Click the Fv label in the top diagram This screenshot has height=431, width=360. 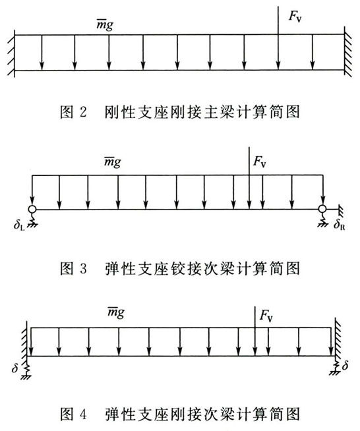[x=295, y=16]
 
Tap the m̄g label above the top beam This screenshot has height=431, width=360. [x=105, y=25]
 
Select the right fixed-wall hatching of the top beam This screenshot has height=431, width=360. [x=347, y=52]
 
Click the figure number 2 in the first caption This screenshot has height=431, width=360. [x=83, y=113]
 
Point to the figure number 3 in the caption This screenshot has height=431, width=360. [x=83, y=268]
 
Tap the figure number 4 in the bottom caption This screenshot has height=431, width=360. [x=83, y=415]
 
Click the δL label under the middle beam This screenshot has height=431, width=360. [x=19, y=225]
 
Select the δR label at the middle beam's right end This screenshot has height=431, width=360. [x=339, y=225]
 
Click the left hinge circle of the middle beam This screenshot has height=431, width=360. [x=32, y=209]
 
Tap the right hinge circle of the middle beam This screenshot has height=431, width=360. [x=322, y=209]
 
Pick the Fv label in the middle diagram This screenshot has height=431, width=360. [x=260, y=161]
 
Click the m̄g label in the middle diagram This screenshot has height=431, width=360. [x=113, y=161]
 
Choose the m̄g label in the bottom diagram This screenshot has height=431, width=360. [x=116, y=312]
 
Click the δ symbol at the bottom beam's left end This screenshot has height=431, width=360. [x=15, y=367]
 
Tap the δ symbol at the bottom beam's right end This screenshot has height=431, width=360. [x=345, y=365]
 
